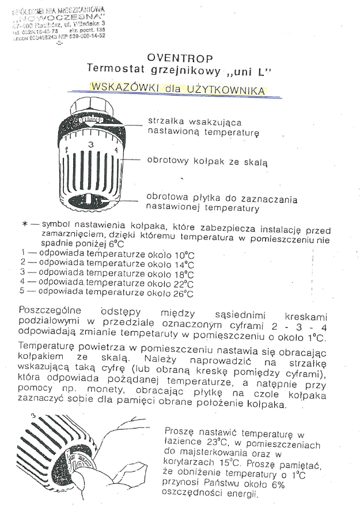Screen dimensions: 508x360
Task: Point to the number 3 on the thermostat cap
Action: (x=90, y=144)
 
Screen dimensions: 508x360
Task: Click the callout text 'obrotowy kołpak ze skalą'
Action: (x=207, y=162)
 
